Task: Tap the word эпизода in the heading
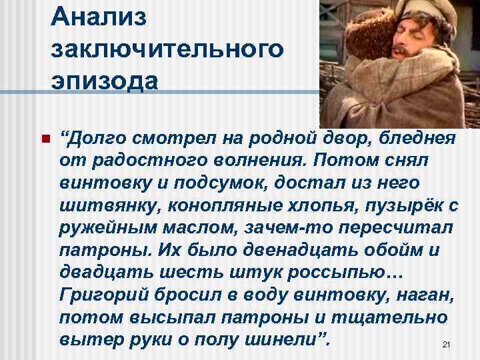pos(103,81)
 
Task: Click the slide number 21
pos(447,344)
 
